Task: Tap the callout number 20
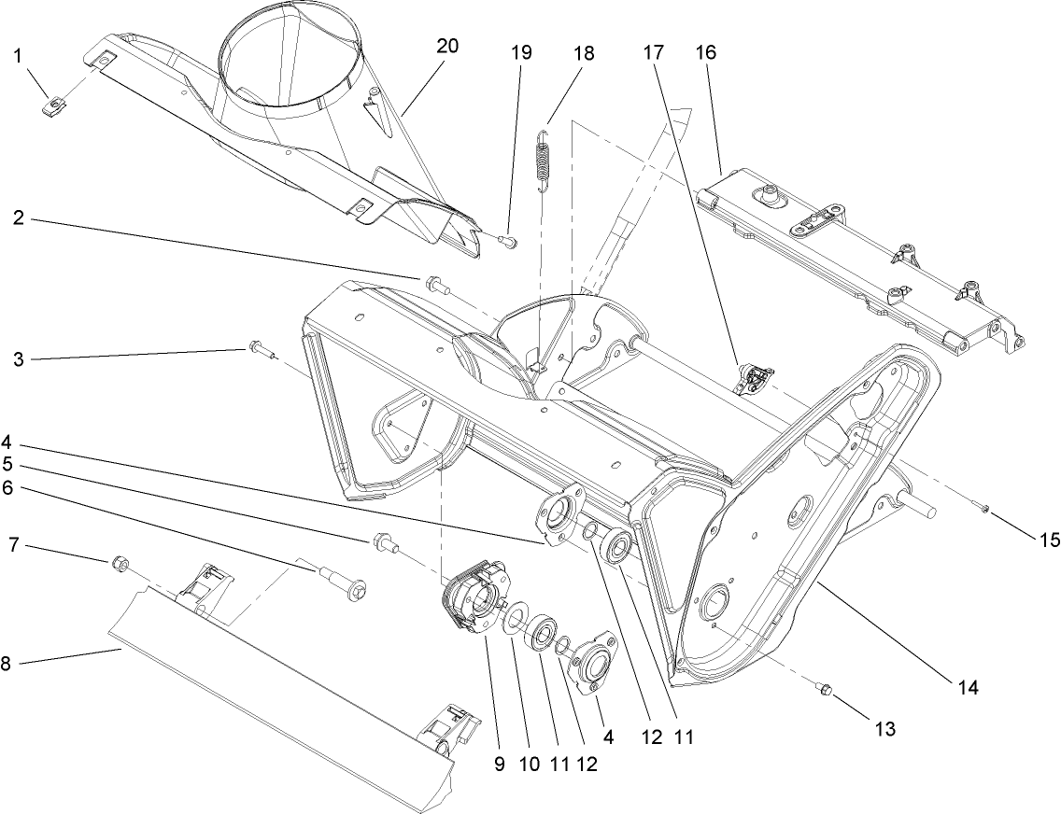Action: (447, 47)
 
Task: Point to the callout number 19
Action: (521, 52)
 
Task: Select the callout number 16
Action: (705, 52)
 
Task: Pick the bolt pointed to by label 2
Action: (433, 281)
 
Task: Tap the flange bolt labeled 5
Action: (382, 540)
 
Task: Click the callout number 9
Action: (500, 764)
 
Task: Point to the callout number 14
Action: (967, 688)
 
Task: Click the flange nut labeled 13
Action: (823, 690)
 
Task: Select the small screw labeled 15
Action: (986, 507)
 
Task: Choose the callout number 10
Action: (530, 764)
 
